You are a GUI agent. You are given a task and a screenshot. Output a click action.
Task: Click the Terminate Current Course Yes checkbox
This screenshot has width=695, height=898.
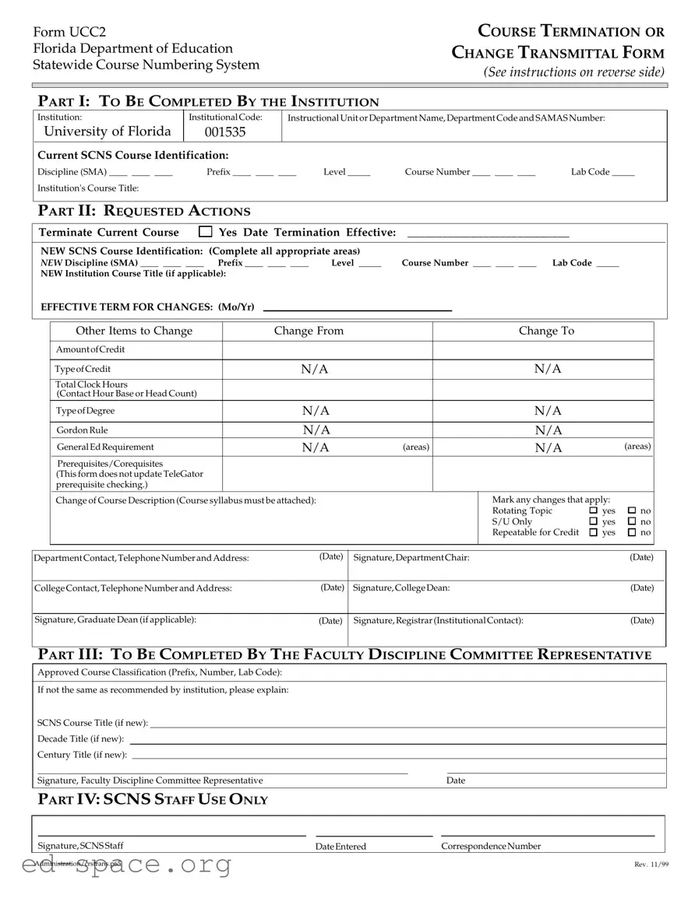(206, 232)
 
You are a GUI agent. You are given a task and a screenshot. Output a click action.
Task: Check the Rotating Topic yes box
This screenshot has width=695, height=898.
(594, 511)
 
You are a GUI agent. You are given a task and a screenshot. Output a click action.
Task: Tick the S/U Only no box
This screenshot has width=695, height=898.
(632, 522)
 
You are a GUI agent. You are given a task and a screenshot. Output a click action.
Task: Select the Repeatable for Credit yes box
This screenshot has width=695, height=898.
(594, 533)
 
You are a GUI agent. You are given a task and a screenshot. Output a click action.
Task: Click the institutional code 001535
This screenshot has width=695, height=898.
(224, 132)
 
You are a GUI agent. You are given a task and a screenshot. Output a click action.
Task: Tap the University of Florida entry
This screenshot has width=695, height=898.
(108, 131)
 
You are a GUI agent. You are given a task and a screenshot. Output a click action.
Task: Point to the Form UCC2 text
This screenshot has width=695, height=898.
(69, 32)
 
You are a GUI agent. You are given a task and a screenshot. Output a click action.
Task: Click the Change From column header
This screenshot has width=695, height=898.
(309, 331)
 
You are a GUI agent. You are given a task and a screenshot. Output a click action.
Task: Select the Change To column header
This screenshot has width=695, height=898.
(546, 331)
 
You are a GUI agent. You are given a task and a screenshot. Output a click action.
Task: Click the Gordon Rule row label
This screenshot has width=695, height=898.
(82, 430)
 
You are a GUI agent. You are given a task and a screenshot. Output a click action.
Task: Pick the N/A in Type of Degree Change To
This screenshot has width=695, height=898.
(548, 410)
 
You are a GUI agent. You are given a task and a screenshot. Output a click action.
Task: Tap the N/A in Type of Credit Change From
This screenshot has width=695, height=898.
(315, 369)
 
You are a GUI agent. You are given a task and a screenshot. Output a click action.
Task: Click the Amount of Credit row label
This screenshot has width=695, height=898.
(90, 349)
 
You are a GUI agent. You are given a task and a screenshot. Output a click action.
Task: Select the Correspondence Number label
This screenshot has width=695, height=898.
(491, 847)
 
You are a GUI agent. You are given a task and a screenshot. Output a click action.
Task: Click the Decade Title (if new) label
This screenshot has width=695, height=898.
(81, 738)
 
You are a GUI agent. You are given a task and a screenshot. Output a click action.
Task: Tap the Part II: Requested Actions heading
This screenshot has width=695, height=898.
(144, 211)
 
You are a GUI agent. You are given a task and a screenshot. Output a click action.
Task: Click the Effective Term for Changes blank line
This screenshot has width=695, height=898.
(358, 307)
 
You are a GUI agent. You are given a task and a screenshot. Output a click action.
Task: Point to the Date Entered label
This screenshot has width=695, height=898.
(340, 847)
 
